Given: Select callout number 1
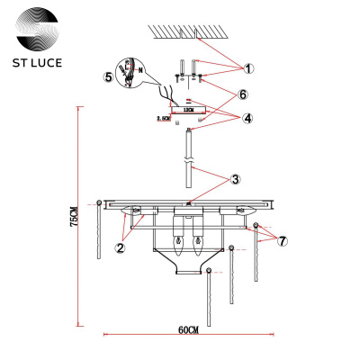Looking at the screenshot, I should coord(250,67).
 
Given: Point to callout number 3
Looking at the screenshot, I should coord(234,179).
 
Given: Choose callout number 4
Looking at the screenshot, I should coord(247,117).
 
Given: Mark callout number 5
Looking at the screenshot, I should coord(110,76).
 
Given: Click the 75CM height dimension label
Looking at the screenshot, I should coord(75,217).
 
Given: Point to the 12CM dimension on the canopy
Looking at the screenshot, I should coord(187,107).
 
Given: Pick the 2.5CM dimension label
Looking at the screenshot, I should coord(164,118).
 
